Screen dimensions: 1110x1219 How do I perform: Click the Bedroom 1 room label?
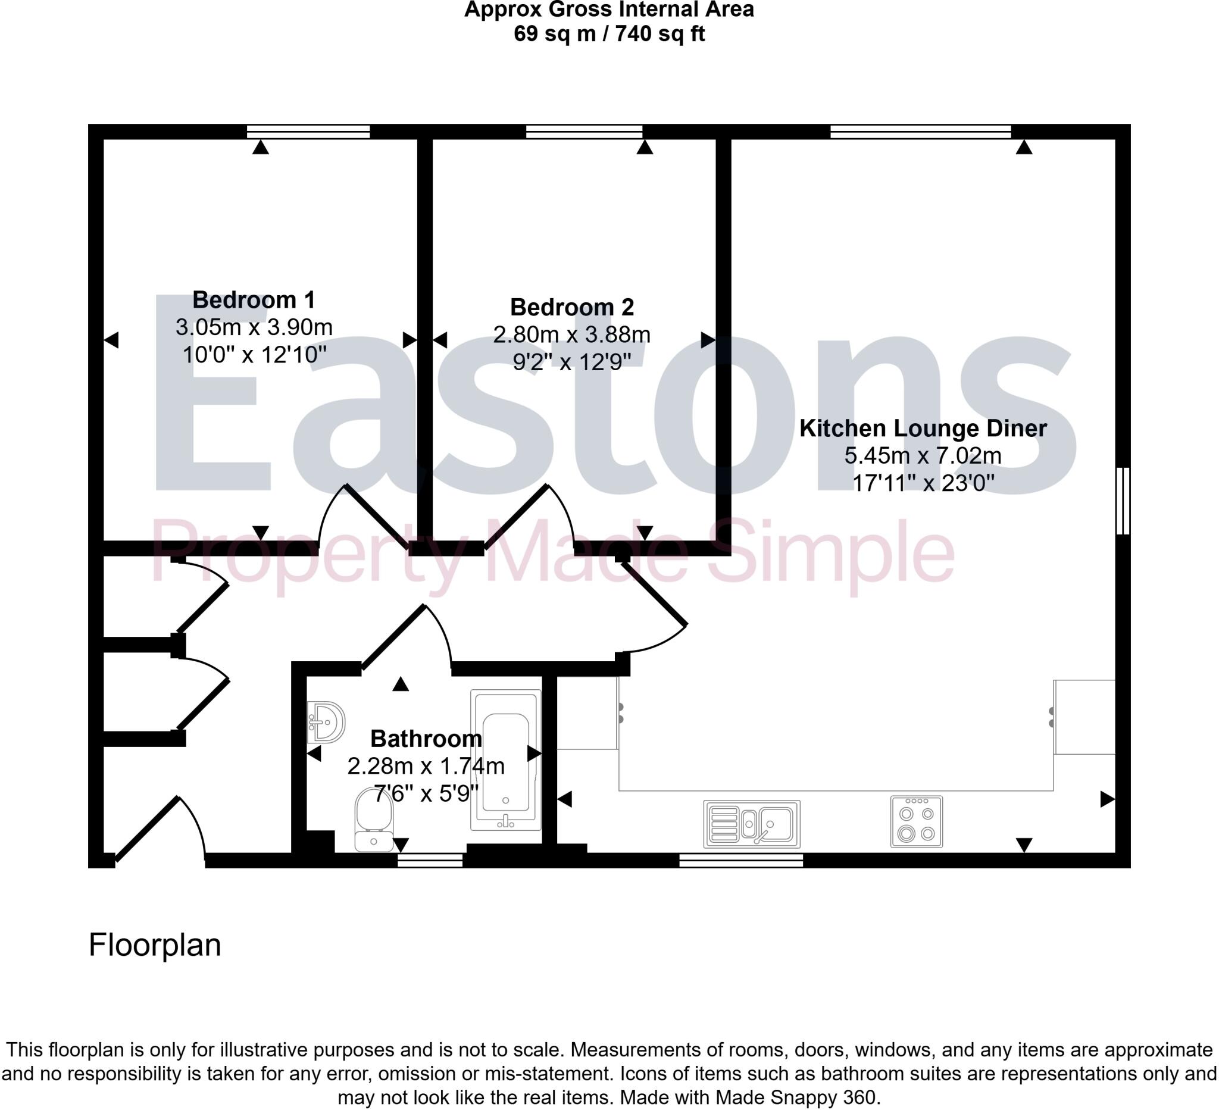[254, 300]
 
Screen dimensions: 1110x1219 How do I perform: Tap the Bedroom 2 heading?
[571, 307]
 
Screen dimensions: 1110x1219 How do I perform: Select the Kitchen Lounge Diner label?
[923, 428]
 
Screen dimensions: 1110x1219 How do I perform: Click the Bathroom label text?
[426, 739]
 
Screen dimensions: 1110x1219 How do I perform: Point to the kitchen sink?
[752, 824]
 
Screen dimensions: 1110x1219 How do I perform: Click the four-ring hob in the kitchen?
[916, 821]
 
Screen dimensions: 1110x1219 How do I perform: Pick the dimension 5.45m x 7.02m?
[923, 456]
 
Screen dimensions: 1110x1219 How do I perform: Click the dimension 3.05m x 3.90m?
[254, 327]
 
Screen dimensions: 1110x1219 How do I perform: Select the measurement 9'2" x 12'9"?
[571, 361]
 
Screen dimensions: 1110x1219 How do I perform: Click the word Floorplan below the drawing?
[155, 945]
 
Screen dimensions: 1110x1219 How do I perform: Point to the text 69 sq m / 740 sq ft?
[609, 34]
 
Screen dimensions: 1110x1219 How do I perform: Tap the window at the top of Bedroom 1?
[308, 131]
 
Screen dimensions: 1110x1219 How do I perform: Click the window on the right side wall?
[1122, 500]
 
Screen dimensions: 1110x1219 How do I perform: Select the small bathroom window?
[430, 859]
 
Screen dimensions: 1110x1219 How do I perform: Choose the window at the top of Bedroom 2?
[584, 131]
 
